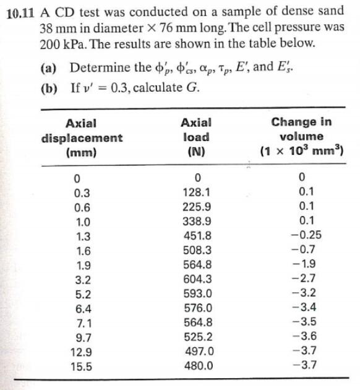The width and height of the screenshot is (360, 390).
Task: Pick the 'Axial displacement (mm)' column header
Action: tap(82, 137)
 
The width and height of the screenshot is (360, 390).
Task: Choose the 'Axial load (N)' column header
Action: tap(197, 137)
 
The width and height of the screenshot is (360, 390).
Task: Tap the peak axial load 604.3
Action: tap(198, 279)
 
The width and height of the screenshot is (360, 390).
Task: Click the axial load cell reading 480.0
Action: tap(198, 365)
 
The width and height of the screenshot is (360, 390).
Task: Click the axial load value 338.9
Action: tap(198, 221)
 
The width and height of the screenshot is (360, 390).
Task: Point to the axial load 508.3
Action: tap(198, 250)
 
